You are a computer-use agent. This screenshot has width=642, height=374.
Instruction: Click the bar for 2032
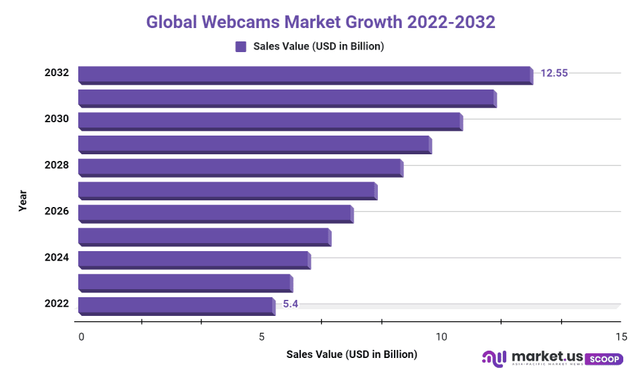point(304,74)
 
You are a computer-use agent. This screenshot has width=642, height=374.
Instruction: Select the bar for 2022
point(176,305)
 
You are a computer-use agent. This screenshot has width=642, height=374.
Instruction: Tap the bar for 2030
point(270,120)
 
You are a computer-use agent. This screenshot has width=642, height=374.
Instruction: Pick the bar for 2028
point(239,166)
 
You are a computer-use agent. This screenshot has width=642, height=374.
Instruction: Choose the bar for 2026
point(215,213)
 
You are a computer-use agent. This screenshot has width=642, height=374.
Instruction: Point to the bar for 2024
point(193,259)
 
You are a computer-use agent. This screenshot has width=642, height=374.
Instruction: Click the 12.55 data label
point(554,73)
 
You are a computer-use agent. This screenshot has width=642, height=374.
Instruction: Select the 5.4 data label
point(290,304)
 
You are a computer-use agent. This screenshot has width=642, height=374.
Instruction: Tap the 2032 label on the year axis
point(57,73)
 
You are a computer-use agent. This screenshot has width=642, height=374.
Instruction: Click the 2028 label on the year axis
point(57,165)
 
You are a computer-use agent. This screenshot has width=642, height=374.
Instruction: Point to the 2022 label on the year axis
point(57,304)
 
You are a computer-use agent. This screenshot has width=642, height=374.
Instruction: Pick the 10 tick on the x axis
point(441,337)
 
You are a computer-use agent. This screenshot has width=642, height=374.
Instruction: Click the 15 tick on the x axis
point(621,337)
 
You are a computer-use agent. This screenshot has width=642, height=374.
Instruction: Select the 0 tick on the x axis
point(82,337)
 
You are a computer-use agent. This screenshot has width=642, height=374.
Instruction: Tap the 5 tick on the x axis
point(261,337)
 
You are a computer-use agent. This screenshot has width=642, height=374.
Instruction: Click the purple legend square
point(241,47)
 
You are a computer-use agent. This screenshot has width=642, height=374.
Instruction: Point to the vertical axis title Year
point(23,200)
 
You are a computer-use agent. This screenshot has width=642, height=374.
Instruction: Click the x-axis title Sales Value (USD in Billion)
point(351,354)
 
